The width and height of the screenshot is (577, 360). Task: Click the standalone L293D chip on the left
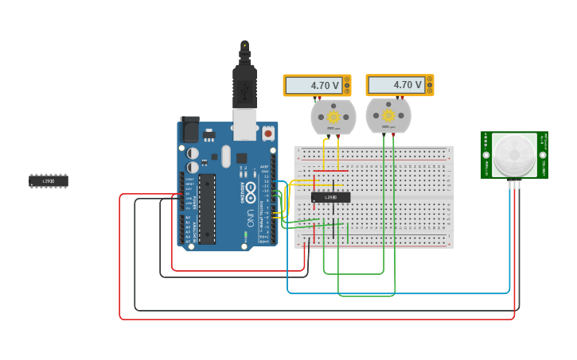[x=49, y=181]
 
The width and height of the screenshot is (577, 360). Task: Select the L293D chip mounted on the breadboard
[x=330, y=197]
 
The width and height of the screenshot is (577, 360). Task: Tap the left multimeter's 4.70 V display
[x=314, y=85]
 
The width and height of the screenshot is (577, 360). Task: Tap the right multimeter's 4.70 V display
[x=396, y=84]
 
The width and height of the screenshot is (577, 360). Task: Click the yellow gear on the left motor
[x=333, y=118]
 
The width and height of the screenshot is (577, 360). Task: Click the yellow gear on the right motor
[x=388, y=115]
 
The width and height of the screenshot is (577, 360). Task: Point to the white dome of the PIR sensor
[x=513, y=154]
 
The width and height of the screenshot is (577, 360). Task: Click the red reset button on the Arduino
[x=268, y=134]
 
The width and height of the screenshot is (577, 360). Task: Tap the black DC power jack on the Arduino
[x=189, y=130]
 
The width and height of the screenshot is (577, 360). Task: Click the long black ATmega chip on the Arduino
[x=207, y=208]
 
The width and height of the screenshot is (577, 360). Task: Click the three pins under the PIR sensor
[x=514, y=184]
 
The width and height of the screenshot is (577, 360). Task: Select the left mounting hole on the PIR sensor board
[x=486, y=155]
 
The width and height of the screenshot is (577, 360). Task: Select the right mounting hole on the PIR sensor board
[x=543, y=155]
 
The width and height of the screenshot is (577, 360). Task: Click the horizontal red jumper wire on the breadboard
[x=330, y=171]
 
